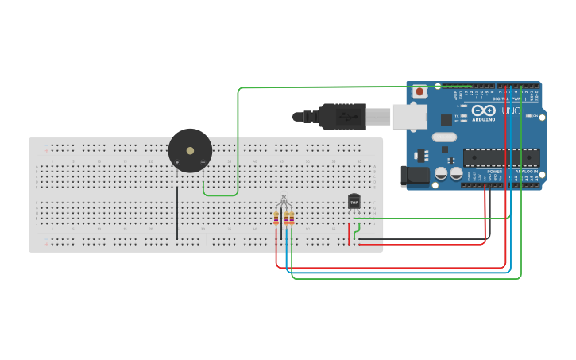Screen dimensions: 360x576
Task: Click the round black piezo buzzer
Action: coord(190,150)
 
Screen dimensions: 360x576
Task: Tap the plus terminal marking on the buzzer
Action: coord(177,163)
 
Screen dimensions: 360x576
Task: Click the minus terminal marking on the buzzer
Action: coord(203,163)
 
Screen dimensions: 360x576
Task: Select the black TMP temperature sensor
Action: coord(354,202)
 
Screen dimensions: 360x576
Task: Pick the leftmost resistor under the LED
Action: coord(276,218)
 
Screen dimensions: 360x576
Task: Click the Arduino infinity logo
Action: coord(483,110)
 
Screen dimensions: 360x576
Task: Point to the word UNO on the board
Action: coord(512,110)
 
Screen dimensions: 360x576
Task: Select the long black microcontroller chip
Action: coord(501,157)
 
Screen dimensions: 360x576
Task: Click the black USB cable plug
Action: coord(342,116)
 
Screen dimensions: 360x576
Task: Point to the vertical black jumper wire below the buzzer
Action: coord(177,213)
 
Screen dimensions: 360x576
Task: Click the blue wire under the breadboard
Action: coord(397,273)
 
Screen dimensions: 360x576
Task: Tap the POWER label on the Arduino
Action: coord(494,171)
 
